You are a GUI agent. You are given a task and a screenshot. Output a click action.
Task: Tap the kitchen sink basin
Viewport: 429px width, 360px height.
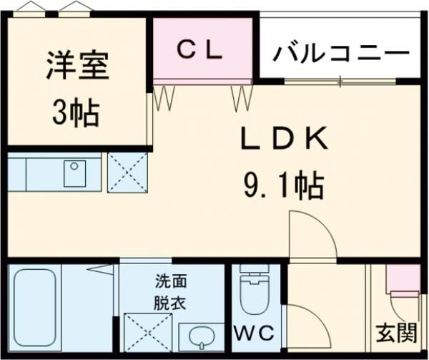point(74,173)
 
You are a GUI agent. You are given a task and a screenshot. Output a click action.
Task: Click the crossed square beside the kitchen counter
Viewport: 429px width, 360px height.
point(127,173)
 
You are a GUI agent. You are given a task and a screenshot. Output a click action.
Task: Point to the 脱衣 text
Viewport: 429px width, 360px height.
point(169,302)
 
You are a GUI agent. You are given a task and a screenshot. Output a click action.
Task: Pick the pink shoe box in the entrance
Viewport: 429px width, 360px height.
point(403,279)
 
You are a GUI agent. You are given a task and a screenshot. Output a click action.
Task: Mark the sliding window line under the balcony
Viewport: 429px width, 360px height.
point(340,81)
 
